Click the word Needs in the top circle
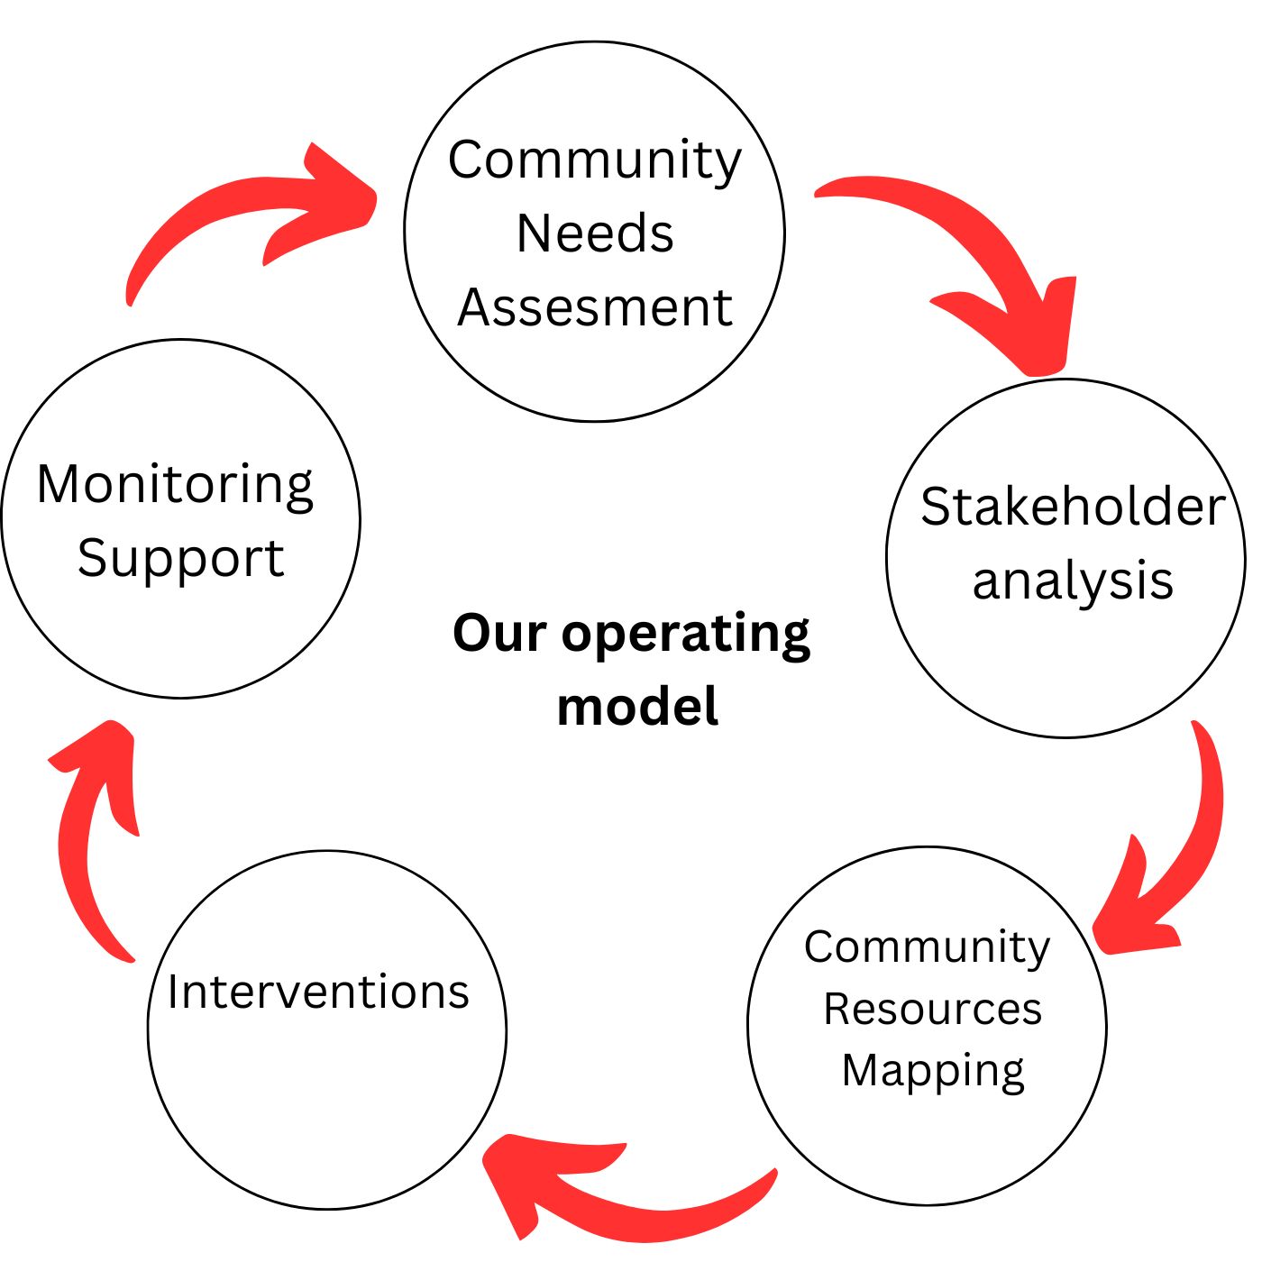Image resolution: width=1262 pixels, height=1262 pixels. pyautogui.click(x=595, y=233)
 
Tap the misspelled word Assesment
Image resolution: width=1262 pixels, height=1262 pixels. pyautogui.click(x=595, y=307)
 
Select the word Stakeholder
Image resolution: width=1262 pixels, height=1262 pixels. pyautogui.click(x=1073, y=506)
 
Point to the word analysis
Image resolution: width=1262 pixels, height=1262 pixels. pyautogui.click(x=1073, y=581)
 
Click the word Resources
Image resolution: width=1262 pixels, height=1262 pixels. pyautogui.click(x=932, y=1009)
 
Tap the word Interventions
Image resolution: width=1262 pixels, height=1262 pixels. pyautogui.click(x=318, y=992)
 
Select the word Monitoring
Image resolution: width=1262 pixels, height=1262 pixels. pyautogui.click(x=175, y=485)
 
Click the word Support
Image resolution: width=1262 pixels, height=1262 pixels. pyautogui.click(x=180, y=559)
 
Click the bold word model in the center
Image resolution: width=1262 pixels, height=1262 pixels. pyautogui.click(x=637, y=706)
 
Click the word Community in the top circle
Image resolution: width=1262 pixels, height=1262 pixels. pyautogui.click(x=595, y=160)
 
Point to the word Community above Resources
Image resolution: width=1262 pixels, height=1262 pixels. pyautogui.click(x=928, y=946)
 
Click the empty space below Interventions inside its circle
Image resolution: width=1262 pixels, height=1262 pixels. pyautogui.click(x=326, y=1109)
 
